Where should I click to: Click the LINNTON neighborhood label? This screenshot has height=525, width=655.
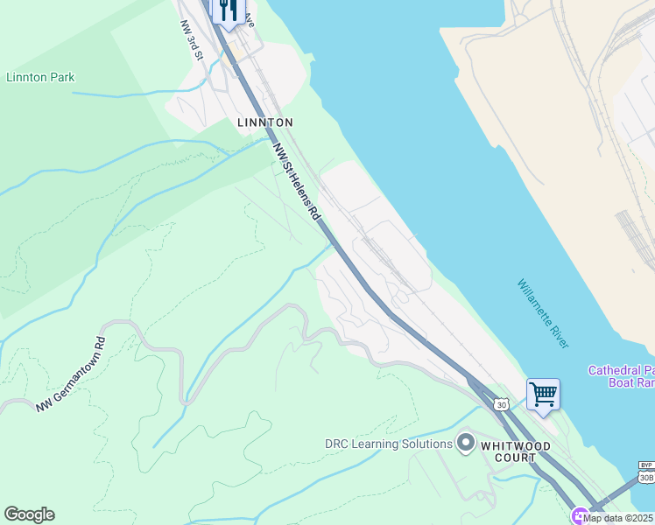264,122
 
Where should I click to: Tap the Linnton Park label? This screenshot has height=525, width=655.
40,77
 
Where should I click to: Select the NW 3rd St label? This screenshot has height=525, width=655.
192,41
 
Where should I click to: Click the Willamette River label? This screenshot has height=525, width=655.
543,313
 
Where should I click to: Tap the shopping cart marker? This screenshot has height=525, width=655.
543,395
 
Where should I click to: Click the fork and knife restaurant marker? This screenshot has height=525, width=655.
229,11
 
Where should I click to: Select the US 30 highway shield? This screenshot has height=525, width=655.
500,404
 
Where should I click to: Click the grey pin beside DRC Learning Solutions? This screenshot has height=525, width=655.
466,443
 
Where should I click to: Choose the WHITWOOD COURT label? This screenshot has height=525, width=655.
516,451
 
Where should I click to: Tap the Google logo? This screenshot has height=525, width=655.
29,514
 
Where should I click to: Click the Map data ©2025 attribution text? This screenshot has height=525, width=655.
618,518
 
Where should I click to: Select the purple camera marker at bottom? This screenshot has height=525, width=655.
579,515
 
